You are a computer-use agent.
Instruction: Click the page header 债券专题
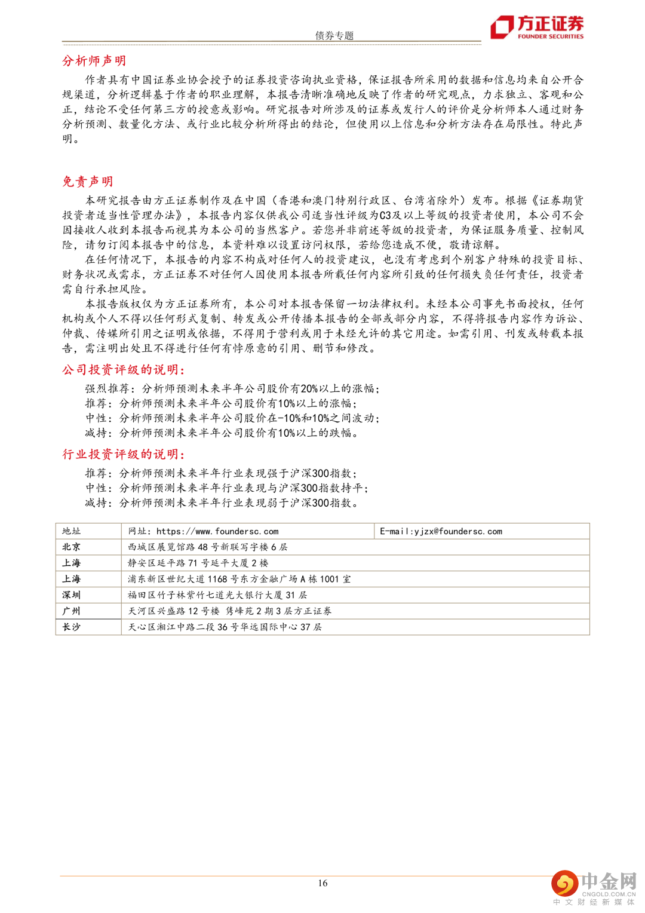(334, 35)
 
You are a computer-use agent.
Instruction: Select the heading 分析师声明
(94, 60)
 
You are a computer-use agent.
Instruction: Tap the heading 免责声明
(87, 181)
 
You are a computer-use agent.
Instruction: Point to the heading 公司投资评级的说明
(123, 370)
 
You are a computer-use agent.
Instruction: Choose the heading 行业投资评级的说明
(123, 454)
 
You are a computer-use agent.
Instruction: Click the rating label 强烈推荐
(107, 388)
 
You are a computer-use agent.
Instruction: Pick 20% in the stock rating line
(309, 388)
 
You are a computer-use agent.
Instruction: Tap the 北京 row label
(71, 547)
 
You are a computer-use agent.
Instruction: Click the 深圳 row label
(71, 595)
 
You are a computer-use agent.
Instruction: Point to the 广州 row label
(71, 611)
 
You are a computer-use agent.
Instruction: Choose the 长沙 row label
(71, 627)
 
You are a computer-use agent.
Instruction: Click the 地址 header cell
(71, 531)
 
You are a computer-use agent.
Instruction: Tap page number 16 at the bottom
(322, 883)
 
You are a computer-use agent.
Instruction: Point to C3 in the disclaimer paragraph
(385, 215)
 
